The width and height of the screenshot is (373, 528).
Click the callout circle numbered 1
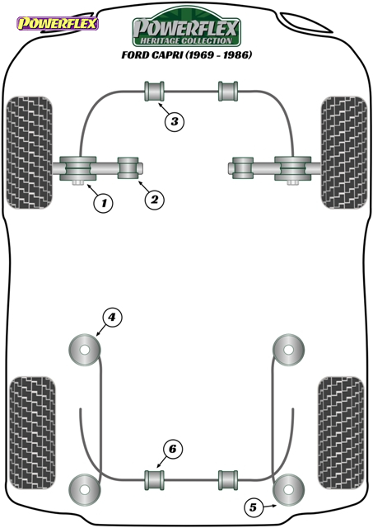104,203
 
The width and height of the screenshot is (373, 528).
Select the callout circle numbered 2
154,200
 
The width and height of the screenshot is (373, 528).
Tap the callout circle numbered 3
174,121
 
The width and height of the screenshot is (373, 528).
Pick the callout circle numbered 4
111,317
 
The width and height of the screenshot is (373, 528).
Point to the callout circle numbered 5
253,507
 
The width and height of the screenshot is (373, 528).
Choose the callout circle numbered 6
172,449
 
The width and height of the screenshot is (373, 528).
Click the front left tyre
30,153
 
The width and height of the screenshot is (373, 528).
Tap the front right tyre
343,153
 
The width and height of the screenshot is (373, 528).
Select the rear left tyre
32,432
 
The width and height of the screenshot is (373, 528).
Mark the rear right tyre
341,432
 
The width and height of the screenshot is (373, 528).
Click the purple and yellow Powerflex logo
58,24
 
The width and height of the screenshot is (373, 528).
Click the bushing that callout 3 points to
154,91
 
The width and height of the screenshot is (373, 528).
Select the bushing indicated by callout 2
128,167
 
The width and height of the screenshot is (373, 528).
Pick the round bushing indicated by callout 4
85,350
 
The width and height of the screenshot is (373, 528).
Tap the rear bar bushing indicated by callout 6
154,480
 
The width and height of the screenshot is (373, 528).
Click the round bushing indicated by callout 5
288,489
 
